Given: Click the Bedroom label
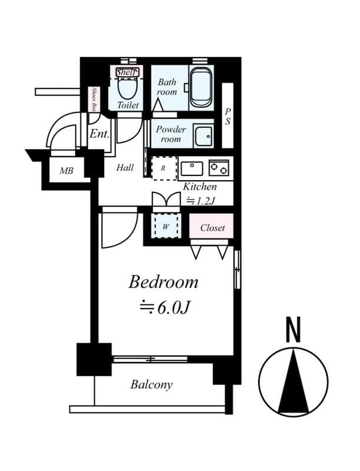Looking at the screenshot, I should tap(164, 282).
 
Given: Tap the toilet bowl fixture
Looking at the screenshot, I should tap(127, 88).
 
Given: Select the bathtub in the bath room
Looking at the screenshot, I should tap(201, 88).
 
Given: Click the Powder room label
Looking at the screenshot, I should tap(171, 134).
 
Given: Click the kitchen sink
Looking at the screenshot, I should tap(191, 169).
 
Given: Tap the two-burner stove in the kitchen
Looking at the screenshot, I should tap(219, 169).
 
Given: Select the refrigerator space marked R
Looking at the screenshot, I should tap(164, 168).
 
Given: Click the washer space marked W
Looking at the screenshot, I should tap(165, 225).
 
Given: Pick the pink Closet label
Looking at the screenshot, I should tap(212, 227).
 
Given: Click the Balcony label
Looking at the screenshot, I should tap(152, 385).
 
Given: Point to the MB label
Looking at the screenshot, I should tap(66, 171).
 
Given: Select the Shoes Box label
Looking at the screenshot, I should tap(95, 99).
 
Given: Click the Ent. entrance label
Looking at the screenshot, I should tap(99, 134).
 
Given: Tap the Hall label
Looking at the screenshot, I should tap(125, 168).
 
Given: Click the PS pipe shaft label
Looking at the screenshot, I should tap(227, 117).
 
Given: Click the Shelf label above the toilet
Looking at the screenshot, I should tap(126, 72).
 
